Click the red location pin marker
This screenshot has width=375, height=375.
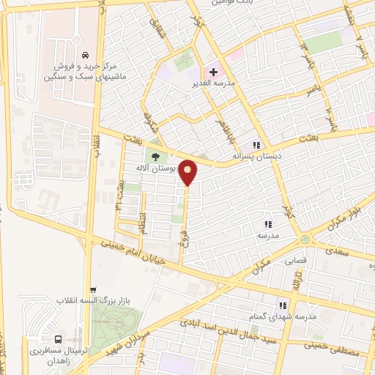(188, 172)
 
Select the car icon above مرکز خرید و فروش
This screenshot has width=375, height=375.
(86, 55)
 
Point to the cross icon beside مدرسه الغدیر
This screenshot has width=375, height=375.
(213, 73)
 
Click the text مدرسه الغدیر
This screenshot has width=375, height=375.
(234, 84)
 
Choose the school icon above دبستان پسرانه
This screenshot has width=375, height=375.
(256, 144)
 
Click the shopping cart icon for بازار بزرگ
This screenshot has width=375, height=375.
(92, 290)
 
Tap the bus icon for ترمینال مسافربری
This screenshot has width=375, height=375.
(57, 340)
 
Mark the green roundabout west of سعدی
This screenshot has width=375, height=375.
(304, 240)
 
